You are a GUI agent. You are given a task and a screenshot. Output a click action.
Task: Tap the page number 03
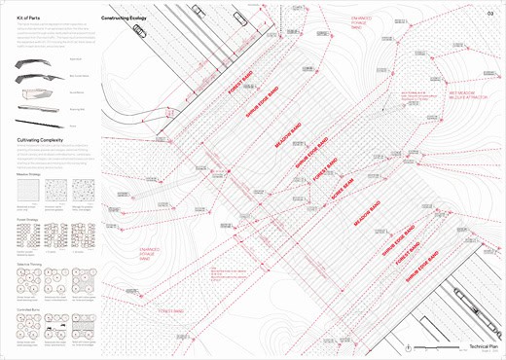pos(489,13)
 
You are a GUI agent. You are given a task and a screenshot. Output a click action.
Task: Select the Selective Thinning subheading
pos(29,260)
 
